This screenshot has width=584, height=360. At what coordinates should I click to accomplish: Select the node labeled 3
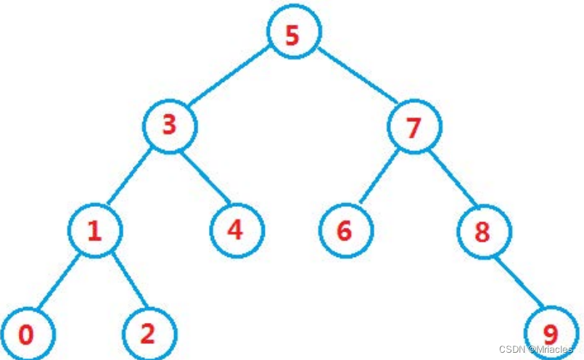[169, 126]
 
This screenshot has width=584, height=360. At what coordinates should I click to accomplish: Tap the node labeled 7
[414, 127]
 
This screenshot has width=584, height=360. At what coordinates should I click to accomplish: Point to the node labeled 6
[345, 232]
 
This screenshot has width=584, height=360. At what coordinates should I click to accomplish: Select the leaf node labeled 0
[27, 335]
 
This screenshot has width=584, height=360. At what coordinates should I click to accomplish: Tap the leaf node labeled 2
[148, 333]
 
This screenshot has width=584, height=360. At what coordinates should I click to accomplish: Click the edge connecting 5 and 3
[231, 80]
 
